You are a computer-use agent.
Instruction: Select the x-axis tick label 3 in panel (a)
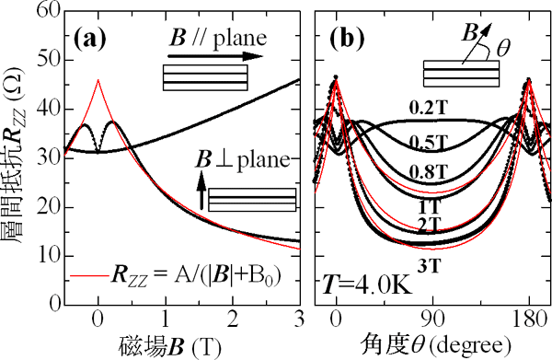pyautogui.click(x=300, y=321)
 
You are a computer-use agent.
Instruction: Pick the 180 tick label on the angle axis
pyautogui.click(x=527, y=321)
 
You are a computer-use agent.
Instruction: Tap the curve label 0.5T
pyautogui.click(x=430, y=143)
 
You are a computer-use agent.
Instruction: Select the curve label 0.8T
pyautogui.click(x=430, y=171)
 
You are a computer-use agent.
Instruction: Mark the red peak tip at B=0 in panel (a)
pyautogui.click(x=98, y=80)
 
